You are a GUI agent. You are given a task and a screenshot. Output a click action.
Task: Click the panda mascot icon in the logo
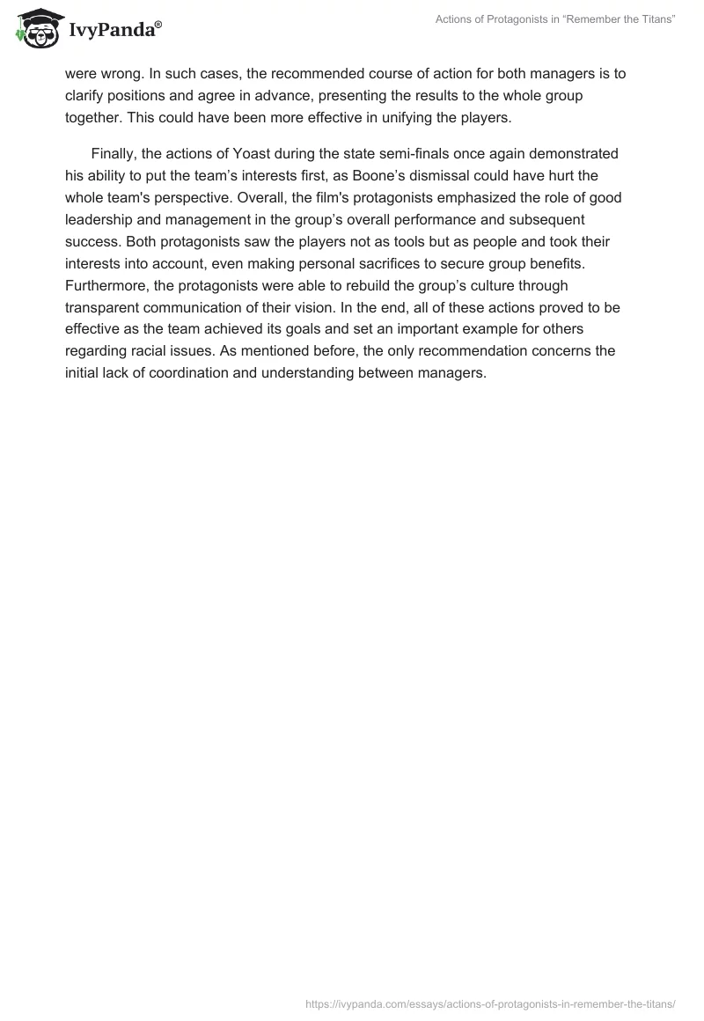tap(35, 28)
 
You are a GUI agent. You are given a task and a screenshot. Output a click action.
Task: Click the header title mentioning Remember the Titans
tap(555, 19)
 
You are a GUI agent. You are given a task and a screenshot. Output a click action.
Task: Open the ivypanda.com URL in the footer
tap(490, 1003)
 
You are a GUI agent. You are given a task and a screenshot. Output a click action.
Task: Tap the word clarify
tap(86, 96)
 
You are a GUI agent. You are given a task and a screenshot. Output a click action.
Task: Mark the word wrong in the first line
tap(117, 74)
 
